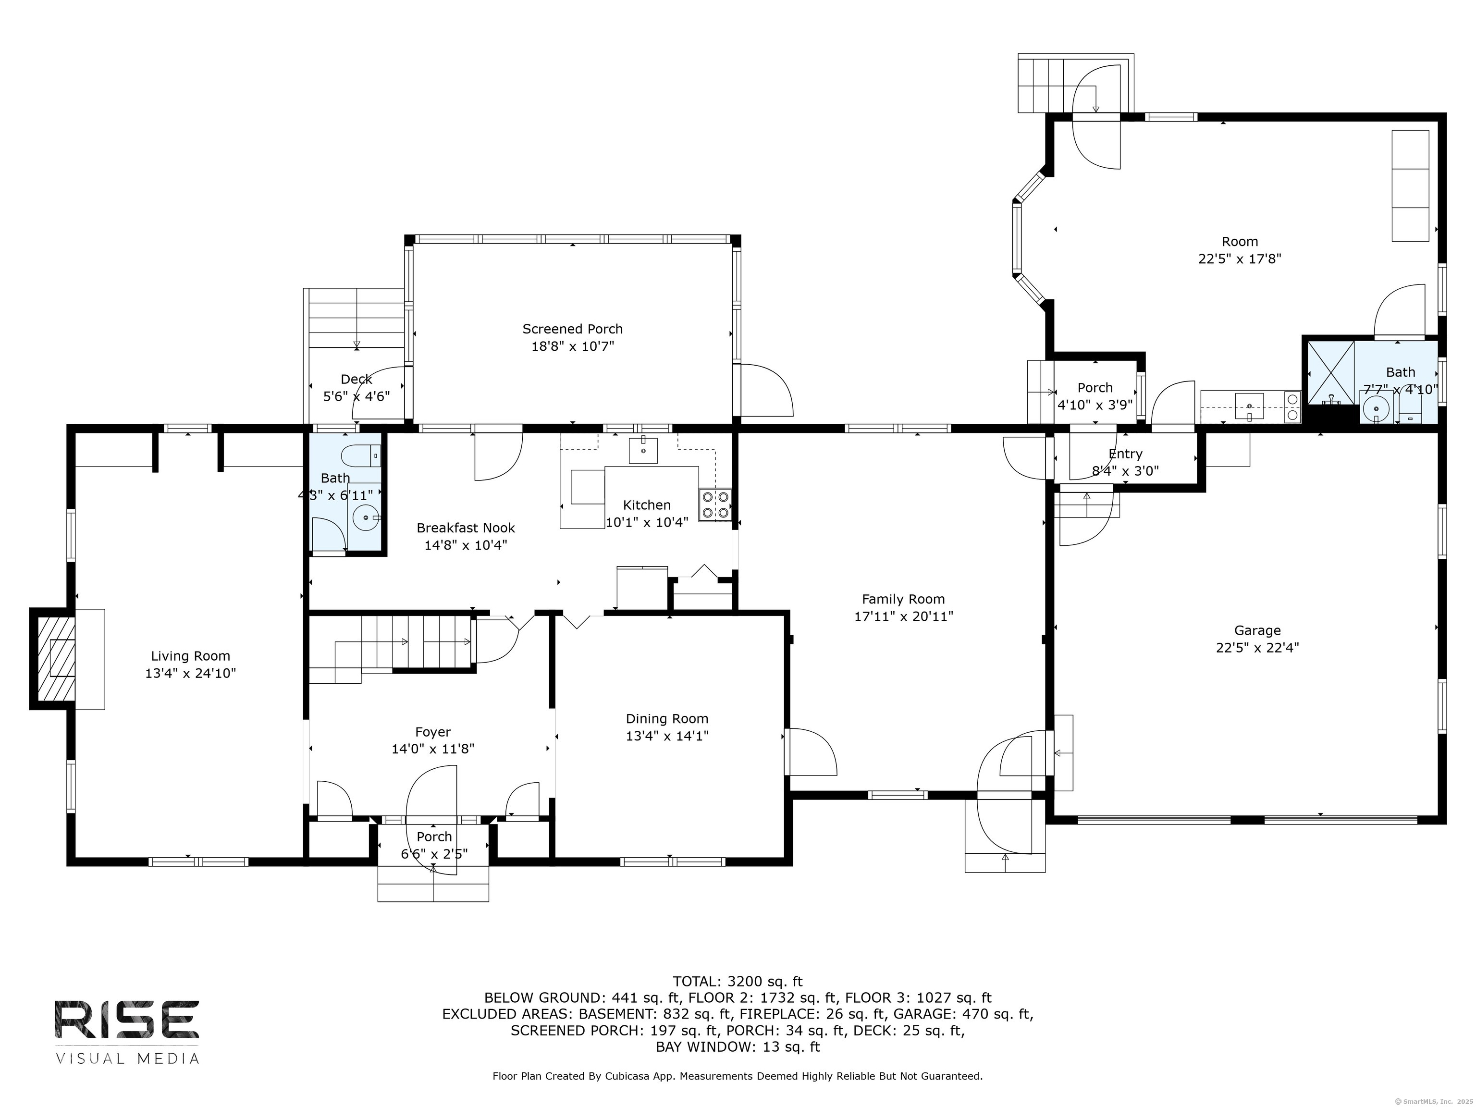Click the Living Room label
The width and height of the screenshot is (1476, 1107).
point(190,656)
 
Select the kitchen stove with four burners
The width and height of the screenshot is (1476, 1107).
point(714,504)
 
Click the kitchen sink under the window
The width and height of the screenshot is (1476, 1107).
point(643,450)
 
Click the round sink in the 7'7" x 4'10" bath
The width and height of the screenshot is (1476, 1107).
point(1375,408)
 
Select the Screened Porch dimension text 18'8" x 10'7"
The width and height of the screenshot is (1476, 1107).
point(573,346)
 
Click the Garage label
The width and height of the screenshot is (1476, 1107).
point(1257,630)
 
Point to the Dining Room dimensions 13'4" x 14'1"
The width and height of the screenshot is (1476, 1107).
point(666,736)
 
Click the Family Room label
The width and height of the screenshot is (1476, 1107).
point(903,599)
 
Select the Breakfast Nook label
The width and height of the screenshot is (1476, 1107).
point(466,528)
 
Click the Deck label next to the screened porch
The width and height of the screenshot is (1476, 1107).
point(357,379)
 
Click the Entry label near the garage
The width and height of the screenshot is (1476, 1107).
point(1125,454)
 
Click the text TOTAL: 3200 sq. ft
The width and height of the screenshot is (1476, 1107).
point(738,982)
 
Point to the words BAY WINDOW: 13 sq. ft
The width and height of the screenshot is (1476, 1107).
point(738,1047)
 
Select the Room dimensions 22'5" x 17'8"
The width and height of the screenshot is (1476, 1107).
point(1239,259)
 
